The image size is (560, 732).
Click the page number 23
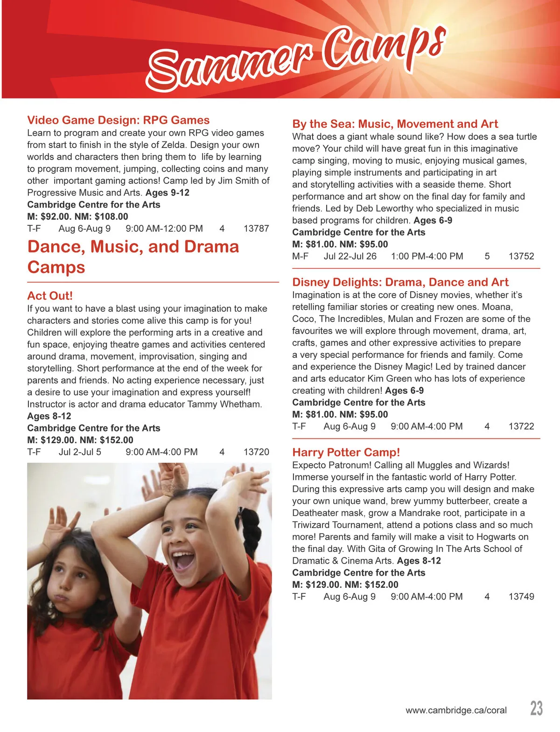coord(536,708)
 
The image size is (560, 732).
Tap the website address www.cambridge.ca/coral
coord(456,711)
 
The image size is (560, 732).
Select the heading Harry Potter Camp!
coord(346,452)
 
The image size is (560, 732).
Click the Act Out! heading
coord(50,296)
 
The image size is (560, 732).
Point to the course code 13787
coord(256,229)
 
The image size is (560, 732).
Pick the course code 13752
coord(521,256)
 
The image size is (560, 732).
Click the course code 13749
coord(521,596)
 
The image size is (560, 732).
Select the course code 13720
coord(256,452)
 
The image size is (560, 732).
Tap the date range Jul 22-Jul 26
coord(350,256)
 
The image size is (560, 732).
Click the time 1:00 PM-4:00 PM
coord(427,256)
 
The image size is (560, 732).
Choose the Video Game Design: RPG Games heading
coord(118,120)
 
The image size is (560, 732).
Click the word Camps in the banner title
coord(383,47)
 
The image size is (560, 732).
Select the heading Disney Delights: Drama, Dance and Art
coord(400,282)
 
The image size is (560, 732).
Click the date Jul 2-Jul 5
coord(80,452)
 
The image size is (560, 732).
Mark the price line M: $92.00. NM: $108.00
coord(77,216)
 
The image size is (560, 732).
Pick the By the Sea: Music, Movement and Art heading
coord(395,124)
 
